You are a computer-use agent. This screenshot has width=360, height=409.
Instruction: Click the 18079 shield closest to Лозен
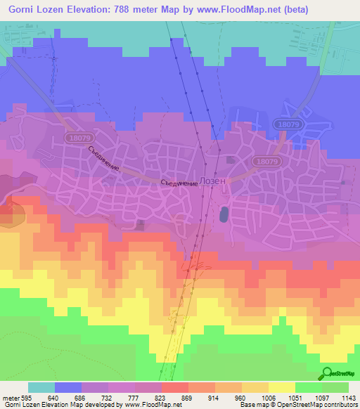pos(267,161)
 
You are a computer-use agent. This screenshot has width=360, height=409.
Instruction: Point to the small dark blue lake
pos(224,213)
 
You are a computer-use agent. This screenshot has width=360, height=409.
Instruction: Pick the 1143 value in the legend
pos(349,398)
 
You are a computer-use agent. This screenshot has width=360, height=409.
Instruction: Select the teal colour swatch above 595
pos(41,387)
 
